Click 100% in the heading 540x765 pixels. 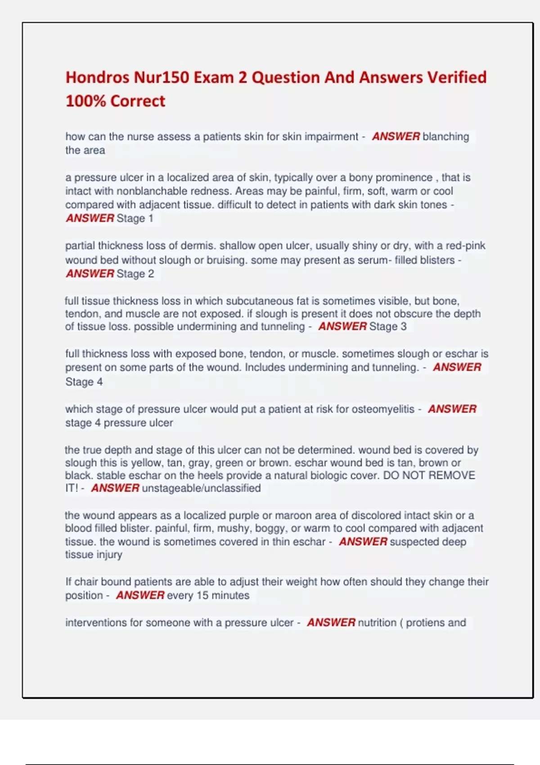click(x=85, y=101)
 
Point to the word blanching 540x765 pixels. click(x=445, y=136)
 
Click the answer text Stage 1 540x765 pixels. click(x=135, y=218)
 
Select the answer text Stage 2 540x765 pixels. click(x=135, y=274)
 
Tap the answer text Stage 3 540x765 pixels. click(x=387, y=326)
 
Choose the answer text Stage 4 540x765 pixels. click(x=84, y=382)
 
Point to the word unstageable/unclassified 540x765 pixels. click(x=201, y=488)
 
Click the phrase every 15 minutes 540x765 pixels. click(x=208, y=595)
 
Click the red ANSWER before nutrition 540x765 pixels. click(x=331, y=623)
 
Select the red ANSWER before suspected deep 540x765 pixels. click(x=363, y=542)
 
